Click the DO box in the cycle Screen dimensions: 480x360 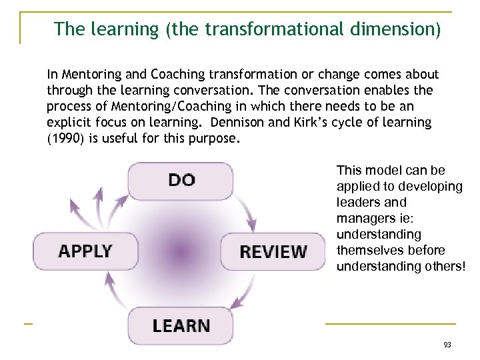(x=181, y=181)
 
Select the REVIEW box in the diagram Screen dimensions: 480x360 (x=273, y=251)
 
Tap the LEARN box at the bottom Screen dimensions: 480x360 (x=181, y=325)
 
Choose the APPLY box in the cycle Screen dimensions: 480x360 (x=85, y=251)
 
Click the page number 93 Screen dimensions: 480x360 (x=447, y=345)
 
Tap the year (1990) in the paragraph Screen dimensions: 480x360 (x=65, y=137)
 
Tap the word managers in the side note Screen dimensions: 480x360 (x=364, y=218)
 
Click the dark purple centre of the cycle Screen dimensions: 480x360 (x=179, y=252)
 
